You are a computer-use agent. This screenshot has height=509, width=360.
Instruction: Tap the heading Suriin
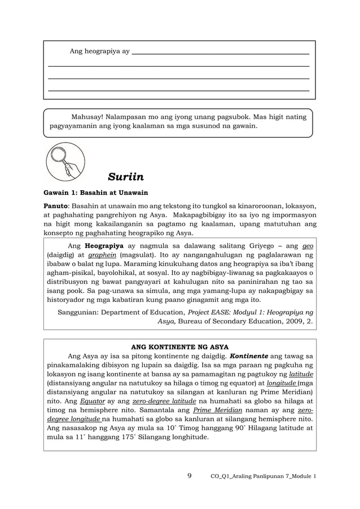126,179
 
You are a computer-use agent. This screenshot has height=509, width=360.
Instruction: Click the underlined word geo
308,247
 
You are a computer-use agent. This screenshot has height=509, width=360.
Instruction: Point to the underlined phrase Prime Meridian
215,410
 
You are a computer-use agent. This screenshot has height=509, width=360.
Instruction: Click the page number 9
190,476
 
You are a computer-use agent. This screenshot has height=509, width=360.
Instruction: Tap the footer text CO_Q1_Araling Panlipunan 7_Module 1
263,476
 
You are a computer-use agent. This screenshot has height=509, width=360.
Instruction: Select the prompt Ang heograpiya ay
99,51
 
